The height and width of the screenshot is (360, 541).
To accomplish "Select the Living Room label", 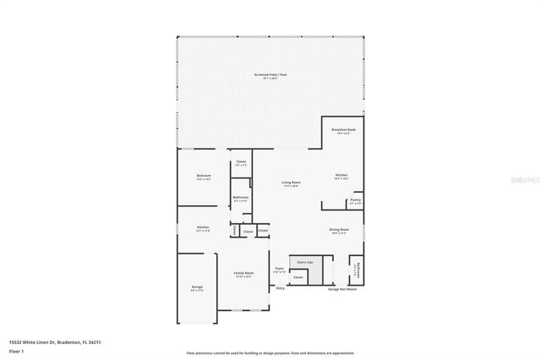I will [292, 183].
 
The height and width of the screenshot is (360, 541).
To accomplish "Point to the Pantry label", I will [355, 201].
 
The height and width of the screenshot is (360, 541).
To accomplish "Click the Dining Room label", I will [340, 231].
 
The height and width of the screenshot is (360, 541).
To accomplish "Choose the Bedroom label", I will [203, 177].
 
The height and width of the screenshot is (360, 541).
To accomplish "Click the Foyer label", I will [280, 270].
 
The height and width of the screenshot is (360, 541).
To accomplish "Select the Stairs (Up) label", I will [304, 262].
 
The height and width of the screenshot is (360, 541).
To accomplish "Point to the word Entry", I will [281, 288].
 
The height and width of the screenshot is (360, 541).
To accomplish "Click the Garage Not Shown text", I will [342, 289].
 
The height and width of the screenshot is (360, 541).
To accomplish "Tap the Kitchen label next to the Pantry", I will [341, 177].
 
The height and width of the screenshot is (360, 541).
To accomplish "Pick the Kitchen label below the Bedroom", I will [203, 228].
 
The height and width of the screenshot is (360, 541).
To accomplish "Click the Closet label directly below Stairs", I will [298, 277].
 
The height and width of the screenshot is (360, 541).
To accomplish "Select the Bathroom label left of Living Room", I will [240, 199].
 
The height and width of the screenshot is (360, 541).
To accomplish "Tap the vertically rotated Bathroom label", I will [358, 270].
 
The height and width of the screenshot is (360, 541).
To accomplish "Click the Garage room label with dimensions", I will [197, 289].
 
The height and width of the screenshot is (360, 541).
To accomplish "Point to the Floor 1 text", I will [15, 350].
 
